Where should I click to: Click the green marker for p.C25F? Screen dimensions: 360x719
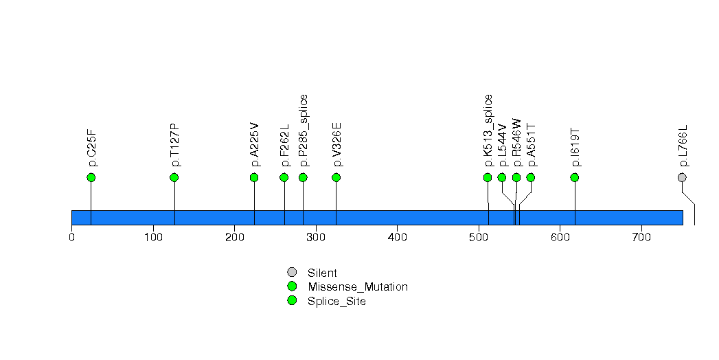tap(91, 177)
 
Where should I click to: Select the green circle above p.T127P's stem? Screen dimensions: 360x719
tap(174, 177)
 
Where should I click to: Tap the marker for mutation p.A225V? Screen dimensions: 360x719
tap(254, 177)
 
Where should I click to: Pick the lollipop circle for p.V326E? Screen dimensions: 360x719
tap(336, 177)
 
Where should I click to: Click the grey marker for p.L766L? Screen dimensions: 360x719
tap(682, 177)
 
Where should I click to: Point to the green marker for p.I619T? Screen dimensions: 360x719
tap(575, 177)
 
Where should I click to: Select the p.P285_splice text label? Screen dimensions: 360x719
tap(304, 131)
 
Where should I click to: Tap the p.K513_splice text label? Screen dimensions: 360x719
tap(488, 131)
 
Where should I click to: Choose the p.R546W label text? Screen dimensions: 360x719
tap(517, 143)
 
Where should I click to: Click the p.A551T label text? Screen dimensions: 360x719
tap(531, 146)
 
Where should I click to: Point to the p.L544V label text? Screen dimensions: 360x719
tap(503, 146)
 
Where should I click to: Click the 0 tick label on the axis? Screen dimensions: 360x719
tap(71, 238)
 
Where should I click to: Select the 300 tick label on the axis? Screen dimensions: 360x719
tap(316, 238)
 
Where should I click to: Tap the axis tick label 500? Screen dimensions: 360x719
tap(479, 238)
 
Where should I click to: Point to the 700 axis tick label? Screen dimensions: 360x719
tap(641, 238)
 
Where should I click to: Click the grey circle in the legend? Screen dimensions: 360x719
tap(292, 273)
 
